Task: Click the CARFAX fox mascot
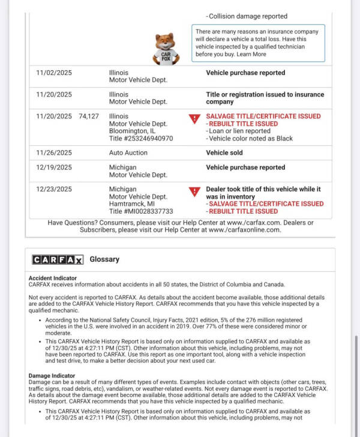[166, 48]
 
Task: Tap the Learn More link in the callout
[251, 54]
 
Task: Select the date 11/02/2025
[53, 73]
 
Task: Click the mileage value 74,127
[89, 116]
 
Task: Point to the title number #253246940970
[141, 138]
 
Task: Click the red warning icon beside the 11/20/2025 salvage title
[194, 119]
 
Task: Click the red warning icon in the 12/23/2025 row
[194, 192]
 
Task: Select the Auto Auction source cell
[128, 152]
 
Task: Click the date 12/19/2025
[53, 167]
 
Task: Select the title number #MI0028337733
[141, 211]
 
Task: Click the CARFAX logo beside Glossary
[58, 259]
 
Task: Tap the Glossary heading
[104, 259]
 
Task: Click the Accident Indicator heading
[52, 279]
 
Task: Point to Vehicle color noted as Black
[251, 138]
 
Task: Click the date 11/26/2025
[53, 152]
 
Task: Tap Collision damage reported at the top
[247, 16]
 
